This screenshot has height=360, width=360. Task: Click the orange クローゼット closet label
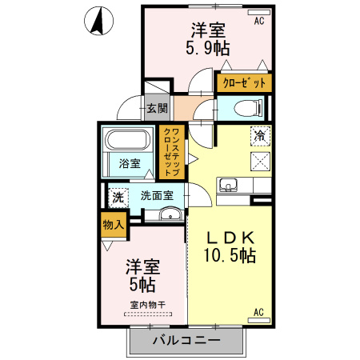(243, 82)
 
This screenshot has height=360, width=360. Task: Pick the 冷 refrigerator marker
(259, 136)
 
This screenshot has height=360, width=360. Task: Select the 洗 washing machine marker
(118, 197)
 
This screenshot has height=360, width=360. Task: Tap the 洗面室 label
(158, 194)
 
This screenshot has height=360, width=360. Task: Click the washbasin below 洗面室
(169, 214)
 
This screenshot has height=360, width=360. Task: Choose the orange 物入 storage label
(114, 226)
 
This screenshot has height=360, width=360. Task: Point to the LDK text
(231, 238)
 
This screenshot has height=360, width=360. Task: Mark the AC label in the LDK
(258, 311)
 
